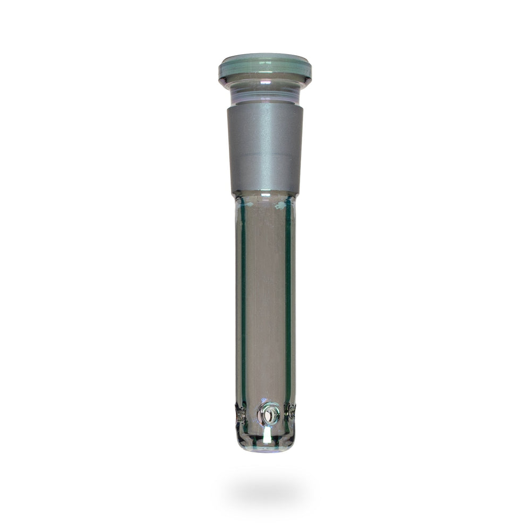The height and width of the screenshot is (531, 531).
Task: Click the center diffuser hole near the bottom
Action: coord(268,413)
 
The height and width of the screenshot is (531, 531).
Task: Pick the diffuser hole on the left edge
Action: coord(240,414)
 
